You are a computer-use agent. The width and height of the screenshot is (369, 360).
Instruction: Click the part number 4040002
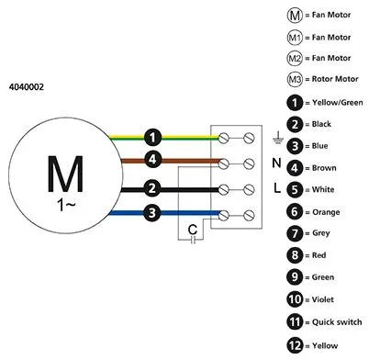27,87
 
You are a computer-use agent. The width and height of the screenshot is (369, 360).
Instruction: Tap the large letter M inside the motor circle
65,174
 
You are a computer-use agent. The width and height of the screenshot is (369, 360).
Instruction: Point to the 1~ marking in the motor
66,205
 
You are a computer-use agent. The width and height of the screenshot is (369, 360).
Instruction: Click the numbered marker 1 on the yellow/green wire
152,137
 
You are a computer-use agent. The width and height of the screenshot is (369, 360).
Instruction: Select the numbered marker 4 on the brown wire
152,159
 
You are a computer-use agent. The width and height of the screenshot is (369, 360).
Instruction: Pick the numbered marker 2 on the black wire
152,188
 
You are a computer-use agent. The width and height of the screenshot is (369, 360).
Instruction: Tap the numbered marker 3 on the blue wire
152,212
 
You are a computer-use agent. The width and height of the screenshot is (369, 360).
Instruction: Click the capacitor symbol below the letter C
193,240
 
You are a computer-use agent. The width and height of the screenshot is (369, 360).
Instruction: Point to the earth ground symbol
278,138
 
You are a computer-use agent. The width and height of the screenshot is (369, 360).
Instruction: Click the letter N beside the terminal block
276,163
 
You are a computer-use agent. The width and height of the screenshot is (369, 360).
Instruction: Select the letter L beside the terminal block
277,187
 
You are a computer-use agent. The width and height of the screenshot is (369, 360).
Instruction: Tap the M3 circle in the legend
295,79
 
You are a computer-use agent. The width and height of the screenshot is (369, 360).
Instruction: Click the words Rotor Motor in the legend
335,79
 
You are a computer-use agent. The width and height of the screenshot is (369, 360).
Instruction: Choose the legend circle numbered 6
295,212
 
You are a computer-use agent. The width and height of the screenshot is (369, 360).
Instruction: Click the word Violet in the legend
322,299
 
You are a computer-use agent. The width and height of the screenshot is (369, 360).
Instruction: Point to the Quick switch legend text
337,322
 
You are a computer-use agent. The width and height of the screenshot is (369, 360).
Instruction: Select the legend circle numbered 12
295,345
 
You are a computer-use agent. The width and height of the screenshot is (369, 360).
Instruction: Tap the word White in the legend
323,189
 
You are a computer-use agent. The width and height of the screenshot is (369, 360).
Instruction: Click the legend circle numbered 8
295,255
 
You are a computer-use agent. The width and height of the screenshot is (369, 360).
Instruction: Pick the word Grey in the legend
321,233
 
